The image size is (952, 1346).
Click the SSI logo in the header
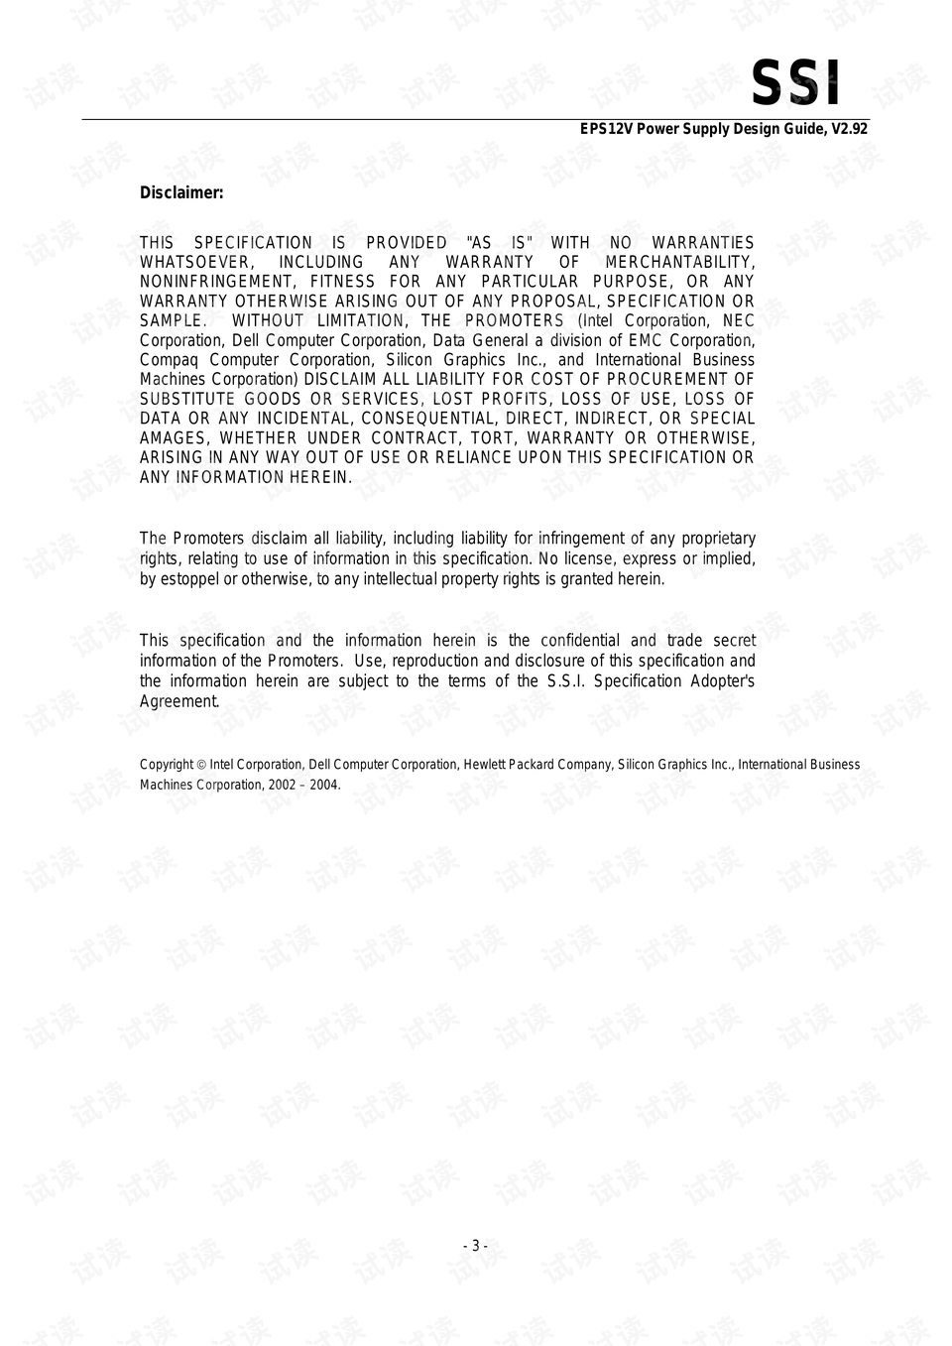click(795, 83)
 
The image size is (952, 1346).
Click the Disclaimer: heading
click(181, 192)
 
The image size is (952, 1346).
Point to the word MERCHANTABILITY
click(679, 262)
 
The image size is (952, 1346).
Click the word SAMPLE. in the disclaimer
click(174, 320)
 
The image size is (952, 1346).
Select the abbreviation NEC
click(739, 320)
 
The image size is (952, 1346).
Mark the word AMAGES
click(175, 438)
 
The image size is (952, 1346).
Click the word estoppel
click(189, 579)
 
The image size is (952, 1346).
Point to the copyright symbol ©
click(201, 765)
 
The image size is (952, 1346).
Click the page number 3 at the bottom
click(475, 1246)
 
